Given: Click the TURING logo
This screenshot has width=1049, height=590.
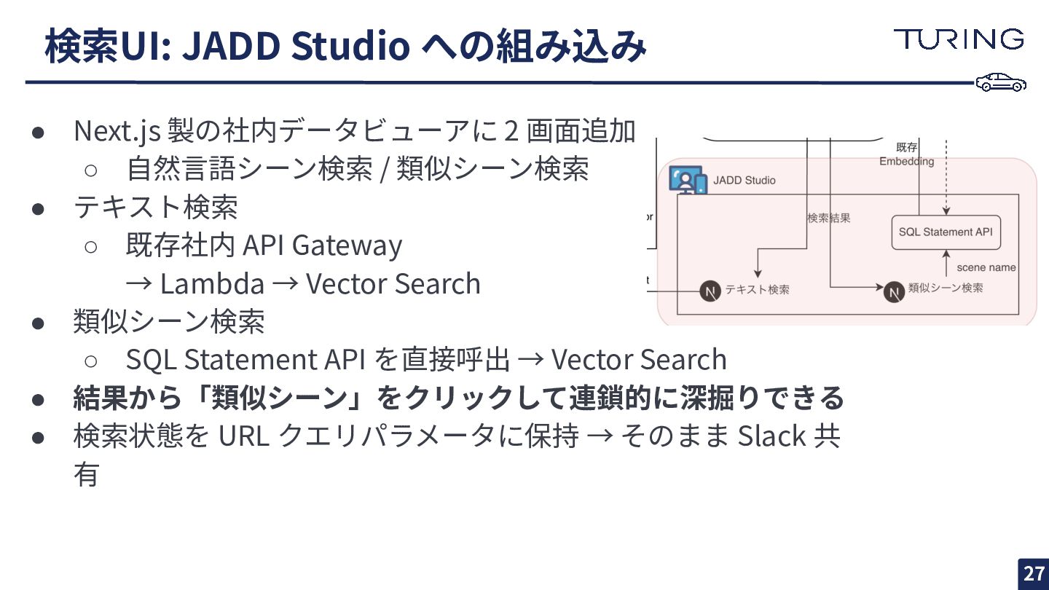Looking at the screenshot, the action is click(x=959, y=39).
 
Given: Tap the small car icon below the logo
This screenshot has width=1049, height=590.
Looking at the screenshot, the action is click(x=1001, y=82).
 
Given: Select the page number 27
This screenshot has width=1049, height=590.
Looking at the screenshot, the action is click(x=1034, y=573).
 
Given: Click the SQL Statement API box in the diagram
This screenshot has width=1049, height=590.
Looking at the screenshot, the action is click(x=946, y=232).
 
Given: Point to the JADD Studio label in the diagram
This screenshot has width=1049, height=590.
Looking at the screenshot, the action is click(x=744, y=180).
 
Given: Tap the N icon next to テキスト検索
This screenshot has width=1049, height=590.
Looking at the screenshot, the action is click(x=710, y=291).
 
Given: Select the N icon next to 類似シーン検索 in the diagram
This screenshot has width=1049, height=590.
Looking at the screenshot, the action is click(x=894, y=291).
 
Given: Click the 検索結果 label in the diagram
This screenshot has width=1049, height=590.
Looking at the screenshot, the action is click(x=828, y=218).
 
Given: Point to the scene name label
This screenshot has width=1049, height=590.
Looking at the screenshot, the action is click(x=986, y=267).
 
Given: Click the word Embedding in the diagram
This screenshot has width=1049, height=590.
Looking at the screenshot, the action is click(x=906, y=161).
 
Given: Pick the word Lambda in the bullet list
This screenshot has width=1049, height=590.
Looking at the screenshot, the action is click(x=212, y=284).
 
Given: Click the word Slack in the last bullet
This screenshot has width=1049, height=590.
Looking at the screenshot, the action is click(x=771, y=436).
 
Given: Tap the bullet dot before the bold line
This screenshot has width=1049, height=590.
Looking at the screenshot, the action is click(x=39, y=398).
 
